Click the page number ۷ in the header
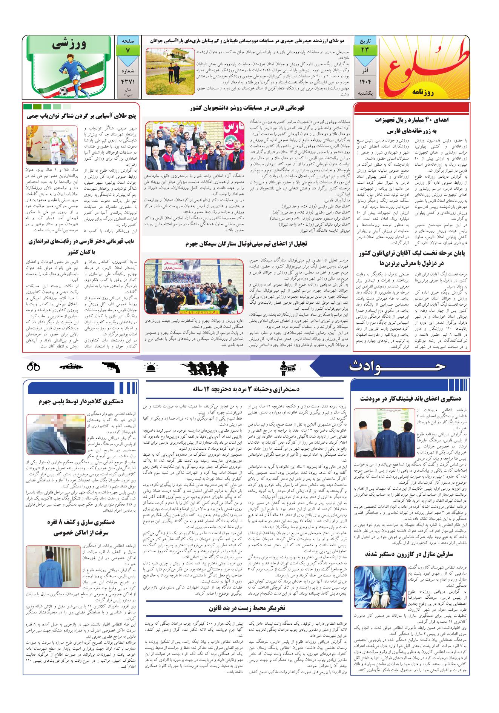[x=127, y=50]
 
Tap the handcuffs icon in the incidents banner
[x=34, y=366]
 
